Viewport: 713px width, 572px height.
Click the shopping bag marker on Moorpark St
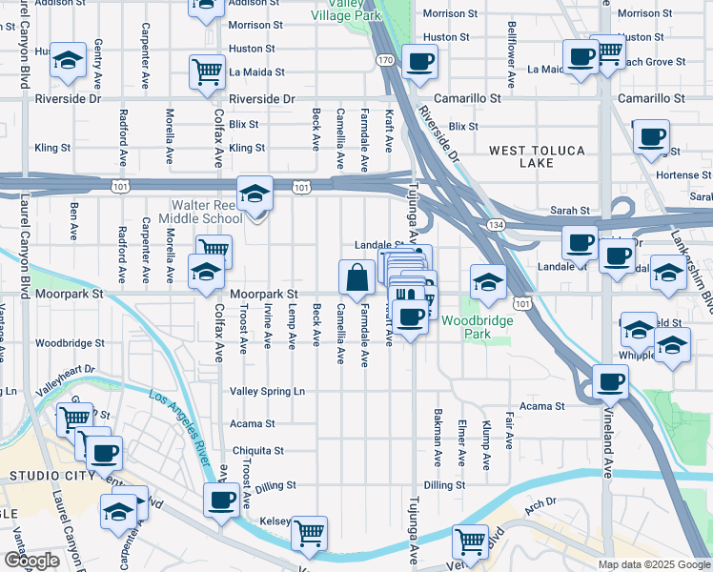click(356, 278)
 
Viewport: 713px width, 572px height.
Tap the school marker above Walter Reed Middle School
click(255, 195)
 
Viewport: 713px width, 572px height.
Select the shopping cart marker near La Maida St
click(208, 71)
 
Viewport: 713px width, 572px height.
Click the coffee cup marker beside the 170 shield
click(419, 63)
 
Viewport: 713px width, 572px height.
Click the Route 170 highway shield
click(384, 60)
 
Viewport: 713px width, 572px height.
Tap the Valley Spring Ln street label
click(267, 391)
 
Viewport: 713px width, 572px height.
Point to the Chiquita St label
click(258, 450)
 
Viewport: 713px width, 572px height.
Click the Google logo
click(31, 560)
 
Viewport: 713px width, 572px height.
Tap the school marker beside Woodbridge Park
click(487, 281)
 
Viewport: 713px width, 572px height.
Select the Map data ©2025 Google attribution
click(654, 564)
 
